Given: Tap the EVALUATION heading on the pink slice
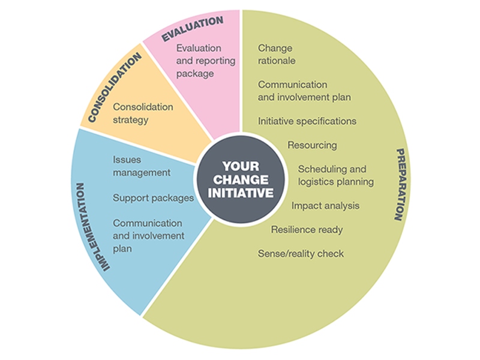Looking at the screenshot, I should click(x=192, y=29).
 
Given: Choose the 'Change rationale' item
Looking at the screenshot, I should click(x=277, y=54).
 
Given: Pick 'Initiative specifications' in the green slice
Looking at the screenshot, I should click(x=307, y=121).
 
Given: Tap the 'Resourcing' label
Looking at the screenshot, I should click(x=312, y=145).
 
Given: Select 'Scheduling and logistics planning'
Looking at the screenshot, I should click(x=335, y=175).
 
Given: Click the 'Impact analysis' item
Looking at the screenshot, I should click(x=325, y=206).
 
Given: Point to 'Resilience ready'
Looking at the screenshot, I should click(x=307, y=229).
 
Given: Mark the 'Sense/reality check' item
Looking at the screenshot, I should click(x=301, y=254).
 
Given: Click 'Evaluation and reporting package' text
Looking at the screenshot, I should click(x=199, y=61).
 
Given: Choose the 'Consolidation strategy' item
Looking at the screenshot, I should click(x=143, y=113).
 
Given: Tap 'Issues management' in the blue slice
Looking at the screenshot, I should click(x=142, y=166).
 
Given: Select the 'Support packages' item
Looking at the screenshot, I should click(x=153, y=197).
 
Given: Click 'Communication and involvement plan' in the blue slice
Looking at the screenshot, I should click(x=148, y=235).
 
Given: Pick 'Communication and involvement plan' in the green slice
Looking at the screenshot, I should click(x=304, y=91).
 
